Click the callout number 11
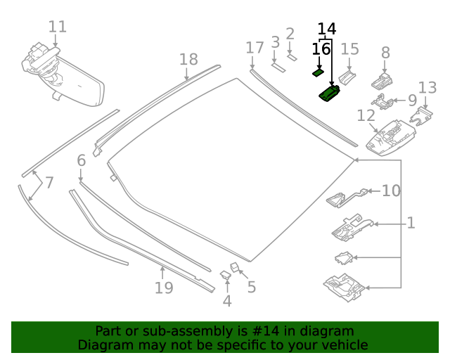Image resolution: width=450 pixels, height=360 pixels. click(x=58, y=27)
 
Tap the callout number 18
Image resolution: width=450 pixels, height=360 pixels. click(x=188, y=59)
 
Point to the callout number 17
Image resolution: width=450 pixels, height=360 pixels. click(x=255, y=48)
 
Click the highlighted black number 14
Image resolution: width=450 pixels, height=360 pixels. click(x=327, y=29)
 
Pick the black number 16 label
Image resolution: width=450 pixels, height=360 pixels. click(x=321, y=49)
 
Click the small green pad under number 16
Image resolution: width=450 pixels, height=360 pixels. click(x=318, y=71)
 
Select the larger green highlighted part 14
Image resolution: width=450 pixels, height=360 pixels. click(x=330, y=93)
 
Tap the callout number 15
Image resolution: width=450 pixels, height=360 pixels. click(x=349, y=49)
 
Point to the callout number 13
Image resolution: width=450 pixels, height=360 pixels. click(x=427, y=87)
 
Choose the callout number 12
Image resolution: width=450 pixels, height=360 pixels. click(x=366, y=115)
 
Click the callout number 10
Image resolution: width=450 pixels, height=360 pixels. click(x=391, y=191)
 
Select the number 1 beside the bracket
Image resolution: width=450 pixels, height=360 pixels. click(x=411, y=223)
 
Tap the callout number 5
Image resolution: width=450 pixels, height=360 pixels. click(x=251, y=287)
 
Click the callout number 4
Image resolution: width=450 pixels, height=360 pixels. click(x=226, y=301)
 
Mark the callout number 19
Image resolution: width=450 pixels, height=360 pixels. click(x=163, y=288)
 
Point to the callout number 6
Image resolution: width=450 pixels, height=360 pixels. click(x=81, y=160)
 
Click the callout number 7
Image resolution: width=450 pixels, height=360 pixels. click(x=49, y=183)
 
